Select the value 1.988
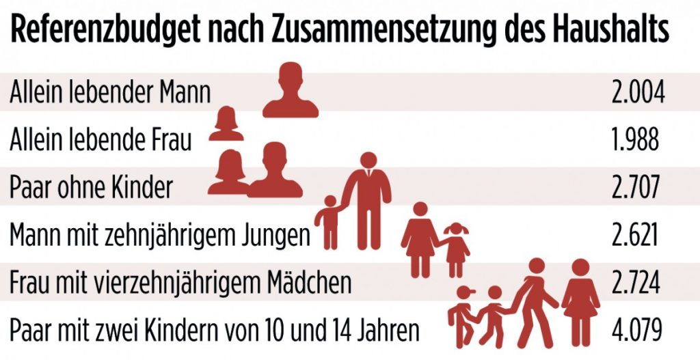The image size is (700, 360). tap(636, 139)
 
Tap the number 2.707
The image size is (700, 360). tap(636, 186)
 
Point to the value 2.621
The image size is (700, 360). tap(635, 234)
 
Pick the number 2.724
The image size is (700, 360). tap(636, 282)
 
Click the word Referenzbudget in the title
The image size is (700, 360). tap(103, 31)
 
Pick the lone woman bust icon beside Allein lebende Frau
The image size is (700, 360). tap(226, 124)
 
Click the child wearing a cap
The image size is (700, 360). tap(463, 314)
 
